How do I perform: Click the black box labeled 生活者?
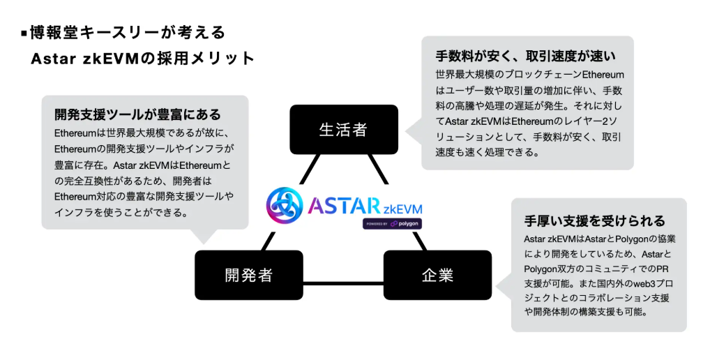[x=343, y=130]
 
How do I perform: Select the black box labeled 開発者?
[x=248, y=275]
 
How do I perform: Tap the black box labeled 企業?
[x=437, y=275]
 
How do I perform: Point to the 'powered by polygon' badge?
[x=391, y=224]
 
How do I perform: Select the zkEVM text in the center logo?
[x=402, y=208]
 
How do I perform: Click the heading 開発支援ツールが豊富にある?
[x=137, y=114]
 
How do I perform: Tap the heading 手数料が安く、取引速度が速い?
[x=525, y=55]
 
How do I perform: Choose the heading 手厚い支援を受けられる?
[x=594, y=221]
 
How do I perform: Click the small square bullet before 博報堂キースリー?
[x=24, y=33]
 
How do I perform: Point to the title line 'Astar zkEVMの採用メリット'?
[x=143, y=59]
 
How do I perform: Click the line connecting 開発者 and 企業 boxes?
[x=343, y=283]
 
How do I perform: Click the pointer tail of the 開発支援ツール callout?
[x=206, y=235]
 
